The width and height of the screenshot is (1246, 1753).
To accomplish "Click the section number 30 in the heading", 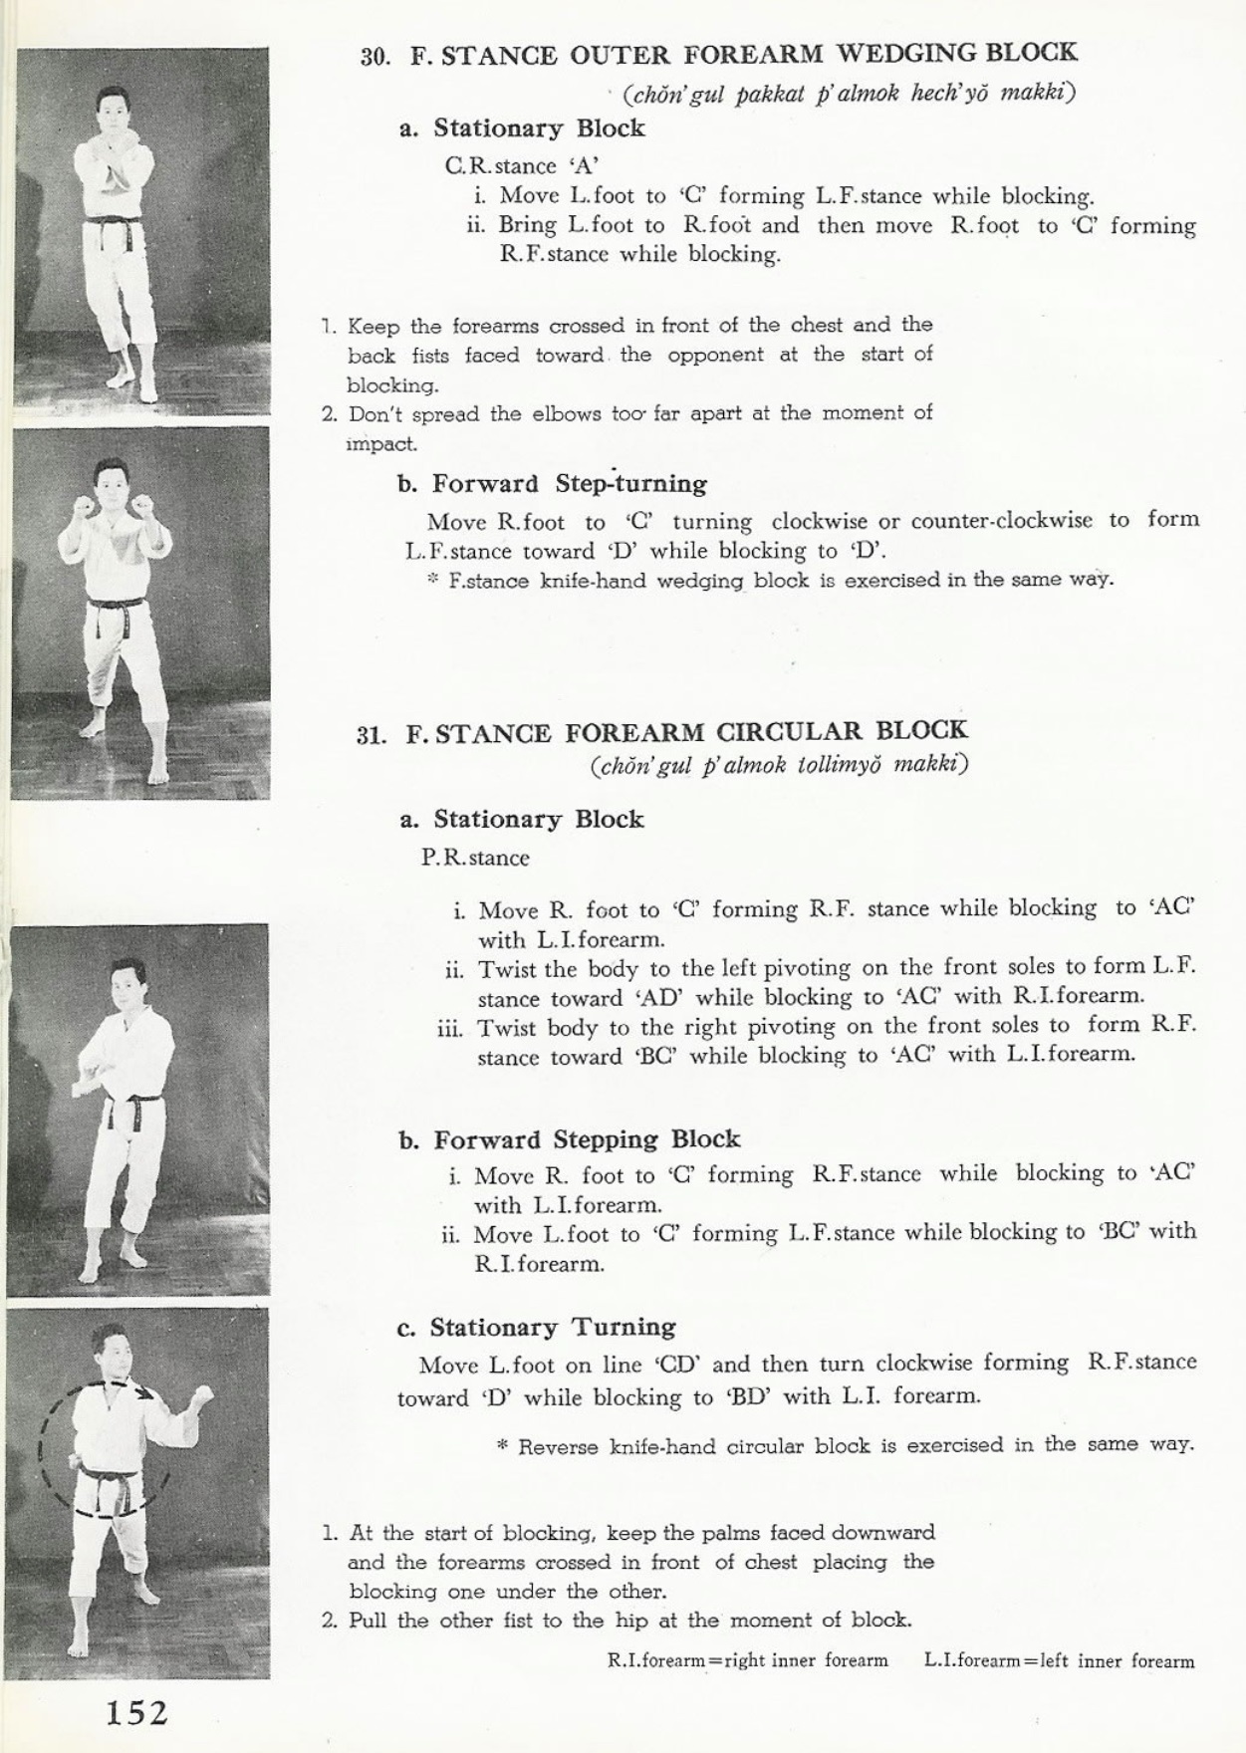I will [x=374, y=57].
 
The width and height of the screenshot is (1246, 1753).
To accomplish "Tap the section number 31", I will [x=371, y=736].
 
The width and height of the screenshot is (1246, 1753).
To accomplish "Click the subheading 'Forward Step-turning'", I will [x=569, y=484].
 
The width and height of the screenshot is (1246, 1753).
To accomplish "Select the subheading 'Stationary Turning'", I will [x=552, y=1328].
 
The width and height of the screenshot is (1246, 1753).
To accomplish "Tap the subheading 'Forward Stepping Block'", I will [x=587, y=1139].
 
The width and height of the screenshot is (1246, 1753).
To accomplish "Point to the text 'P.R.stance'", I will [x=475, y=858].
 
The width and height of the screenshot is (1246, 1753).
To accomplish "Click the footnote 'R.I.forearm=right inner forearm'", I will [x=746, y=1661].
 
